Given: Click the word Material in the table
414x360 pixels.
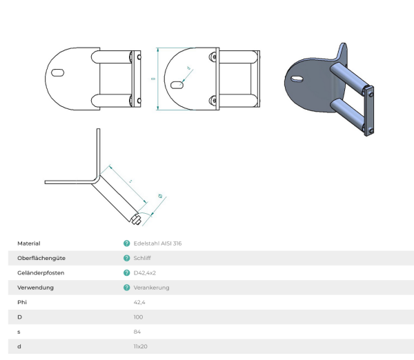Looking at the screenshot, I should (29, 243).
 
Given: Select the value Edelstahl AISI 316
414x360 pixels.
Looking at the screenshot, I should (157, 243).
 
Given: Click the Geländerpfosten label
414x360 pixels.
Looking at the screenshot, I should (36, 273).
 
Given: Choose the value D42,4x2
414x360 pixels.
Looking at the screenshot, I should (144, 273).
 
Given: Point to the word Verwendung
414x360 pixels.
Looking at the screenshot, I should (35, 288).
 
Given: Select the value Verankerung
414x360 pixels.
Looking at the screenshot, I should (151, 288).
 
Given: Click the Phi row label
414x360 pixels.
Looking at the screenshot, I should (21, 302).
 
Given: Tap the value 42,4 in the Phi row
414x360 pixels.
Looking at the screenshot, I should (139, 302).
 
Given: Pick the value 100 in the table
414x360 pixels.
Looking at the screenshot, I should (138, 317).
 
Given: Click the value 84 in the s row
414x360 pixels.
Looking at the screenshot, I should (137, 331).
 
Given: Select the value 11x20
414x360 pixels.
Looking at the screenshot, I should (140, 346).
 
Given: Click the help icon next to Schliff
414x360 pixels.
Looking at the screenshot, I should (126, 258).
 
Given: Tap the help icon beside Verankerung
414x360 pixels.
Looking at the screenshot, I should (126, 288).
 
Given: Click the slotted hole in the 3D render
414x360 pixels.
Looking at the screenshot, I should (297, 79).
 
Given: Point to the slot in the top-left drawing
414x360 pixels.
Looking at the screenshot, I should (58, 72).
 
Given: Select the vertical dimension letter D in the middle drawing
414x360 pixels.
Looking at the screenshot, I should (152, 79).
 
